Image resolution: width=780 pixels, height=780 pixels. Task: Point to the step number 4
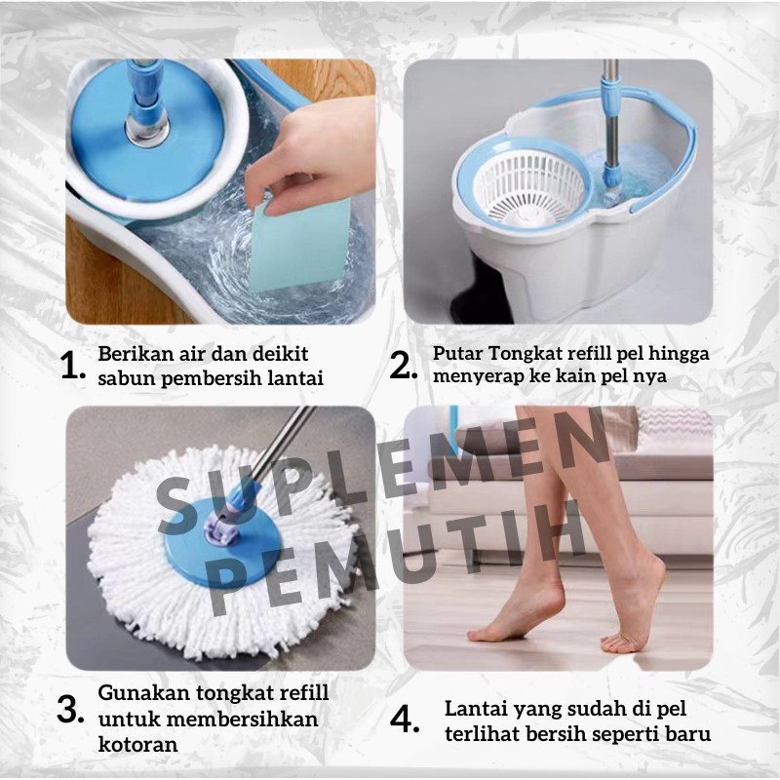(x=405, y=720)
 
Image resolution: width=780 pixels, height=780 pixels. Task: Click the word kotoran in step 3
(x=137, y=744)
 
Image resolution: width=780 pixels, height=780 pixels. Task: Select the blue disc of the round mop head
(x=223, y=540)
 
